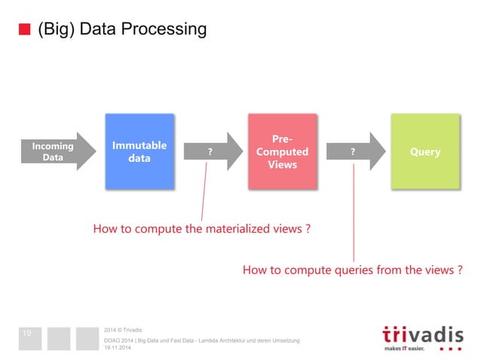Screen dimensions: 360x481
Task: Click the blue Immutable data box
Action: point(139,151)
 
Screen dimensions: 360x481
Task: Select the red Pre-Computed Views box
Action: point(283,151)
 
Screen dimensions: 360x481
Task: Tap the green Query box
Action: point(424,151)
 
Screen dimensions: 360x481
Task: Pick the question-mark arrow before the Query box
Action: point(354,152)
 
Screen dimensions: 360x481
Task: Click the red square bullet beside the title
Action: point(24,30)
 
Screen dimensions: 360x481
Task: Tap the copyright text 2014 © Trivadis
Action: point(124,329)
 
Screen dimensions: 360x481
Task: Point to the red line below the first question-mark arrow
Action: point(202,192)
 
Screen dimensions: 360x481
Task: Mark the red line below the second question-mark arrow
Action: point(354,211)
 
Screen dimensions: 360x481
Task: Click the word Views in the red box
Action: point(283,165)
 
